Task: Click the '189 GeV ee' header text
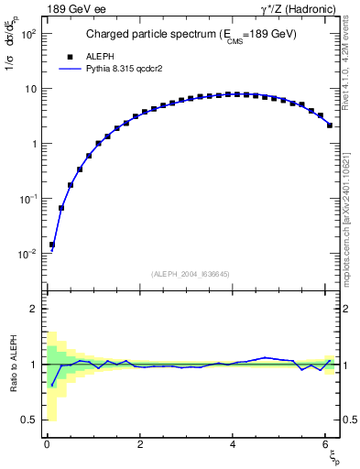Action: click(73, 10)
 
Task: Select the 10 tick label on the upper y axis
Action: click(29, 89)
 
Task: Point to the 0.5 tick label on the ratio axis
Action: click(27, 420)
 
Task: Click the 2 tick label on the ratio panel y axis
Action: click(33, 309)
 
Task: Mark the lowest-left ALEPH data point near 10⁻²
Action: click(52, 245)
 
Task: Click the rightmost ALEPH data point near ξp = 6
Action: click(329, 125)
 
